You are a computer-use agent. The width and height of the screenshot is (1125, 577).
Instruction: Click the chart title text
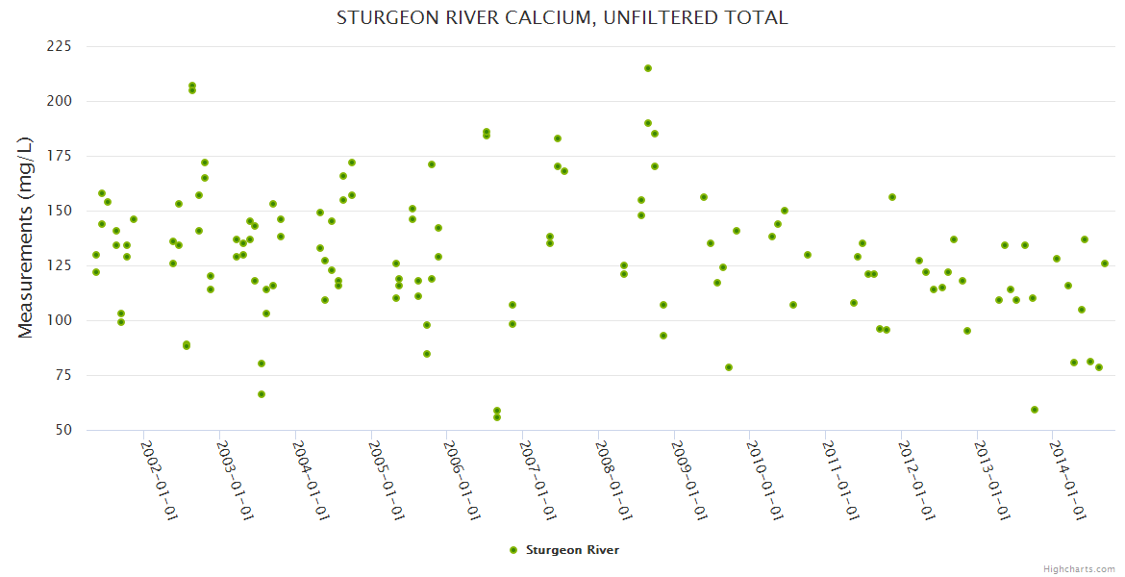coord(562,18)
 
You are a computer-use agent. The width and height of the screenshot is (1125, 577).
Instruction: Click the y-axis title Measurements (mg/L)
coord(26,238)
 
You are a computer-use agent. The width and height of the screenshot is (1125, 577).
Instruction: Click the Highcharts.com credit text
coord(1080,568)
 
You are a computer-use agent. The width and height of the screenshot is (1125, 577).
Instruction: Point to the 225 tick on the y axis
coord(60,46)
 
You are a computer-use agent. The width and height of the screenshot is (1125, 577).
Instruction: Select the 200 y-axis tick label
coord(60,101)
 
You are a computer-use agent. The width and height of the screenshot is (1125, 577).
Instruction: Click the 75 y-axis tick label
coord(63,375)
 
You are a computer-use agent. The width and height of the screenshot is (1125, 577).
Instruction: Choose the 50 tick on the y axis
coord(63,430)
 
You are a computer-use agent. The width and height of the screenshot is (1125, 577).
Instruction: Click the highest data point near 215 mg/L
coord(648,68)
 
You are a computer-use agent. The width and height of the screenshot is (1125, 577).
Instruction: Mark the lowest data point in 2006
coord(497,417)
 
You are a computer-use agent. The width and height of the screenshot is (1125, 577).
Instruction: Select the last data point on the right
coord(1105,263)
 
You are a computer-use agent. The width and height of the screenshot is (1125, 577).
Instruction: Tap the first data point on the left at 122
coord(96,272)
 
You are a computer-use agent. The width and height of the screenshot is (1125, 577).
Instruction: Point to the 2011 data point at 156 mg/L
coord(892,197)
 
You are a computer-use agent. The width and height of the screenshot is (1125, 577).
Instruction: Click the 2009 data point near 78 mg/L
coord(729,367)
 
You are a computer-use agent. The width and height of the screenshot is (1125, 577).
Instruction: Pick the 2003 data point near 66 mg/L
coord(262,394)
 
